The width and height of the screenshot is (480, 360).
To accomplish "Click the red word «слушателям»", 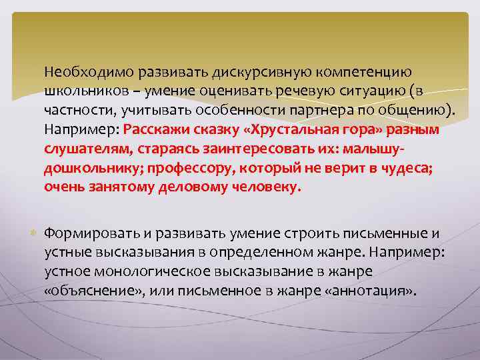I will [x=81, y=149].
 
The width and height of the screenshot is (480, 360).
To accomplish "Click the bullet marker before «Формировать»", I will [x=33, y=233].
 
